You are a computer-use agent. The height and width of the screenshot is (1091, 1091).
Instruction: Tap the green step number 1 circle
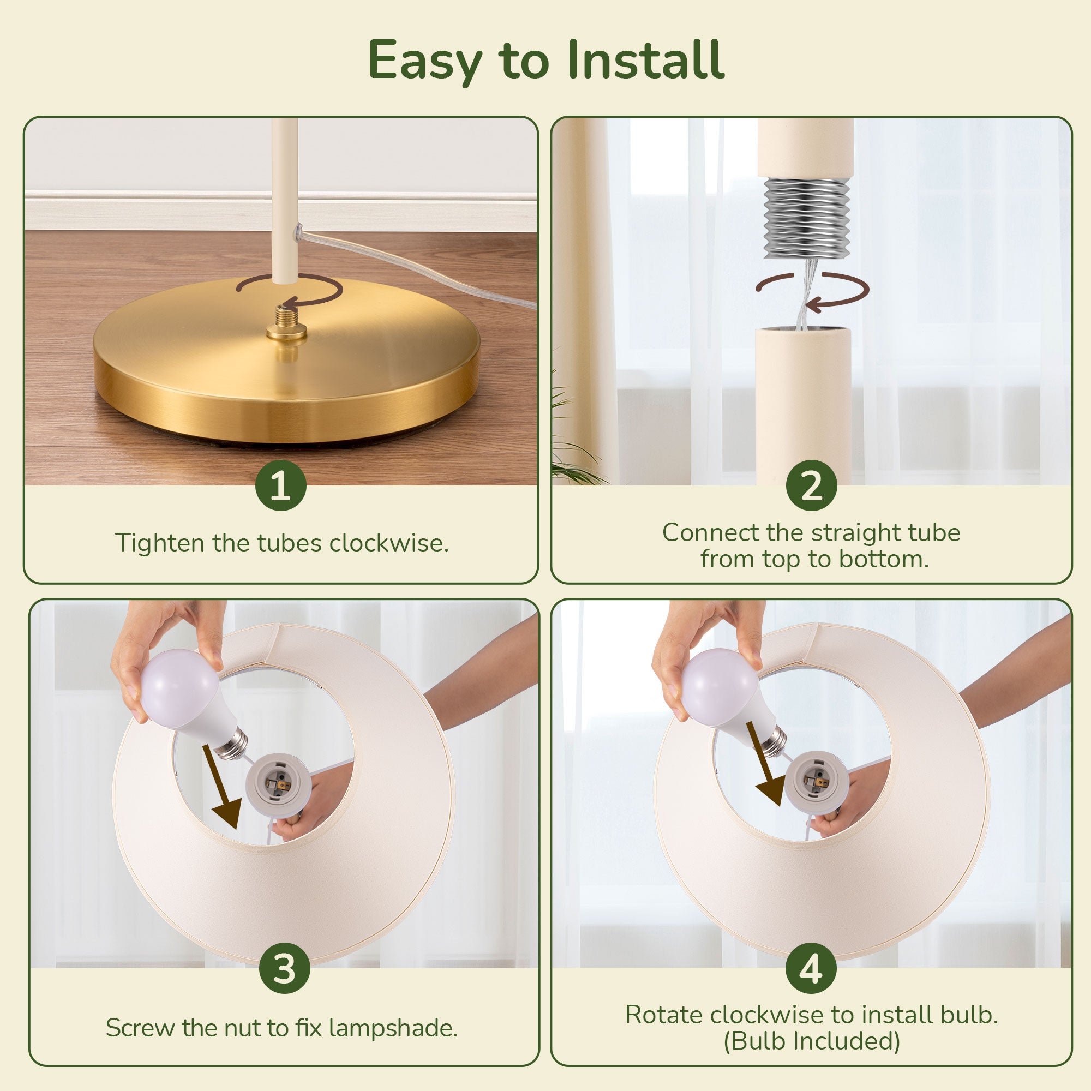[280, 485]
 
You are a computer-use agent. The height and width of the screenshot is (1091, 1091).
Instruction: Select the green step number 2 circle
[812, 485]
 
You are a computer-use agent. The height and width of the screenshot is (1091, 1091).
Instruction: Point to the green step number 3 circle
[285, 968]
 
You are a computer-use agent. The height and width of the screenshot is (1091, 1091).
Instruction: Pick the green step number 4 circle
[812, 968]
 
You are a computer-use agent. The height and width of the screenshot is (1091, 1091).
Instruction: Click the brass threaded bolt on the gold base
[287, 324]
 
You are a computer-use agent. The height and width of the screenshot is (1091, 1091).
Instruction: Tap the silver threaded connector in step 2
[806, 219]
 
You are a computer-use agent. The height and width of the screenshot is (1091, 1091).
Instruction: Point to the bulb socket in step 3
[277, 784]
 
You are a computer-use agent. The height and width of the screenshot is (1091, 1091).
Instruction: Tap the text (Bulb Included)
[812, 1041]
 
